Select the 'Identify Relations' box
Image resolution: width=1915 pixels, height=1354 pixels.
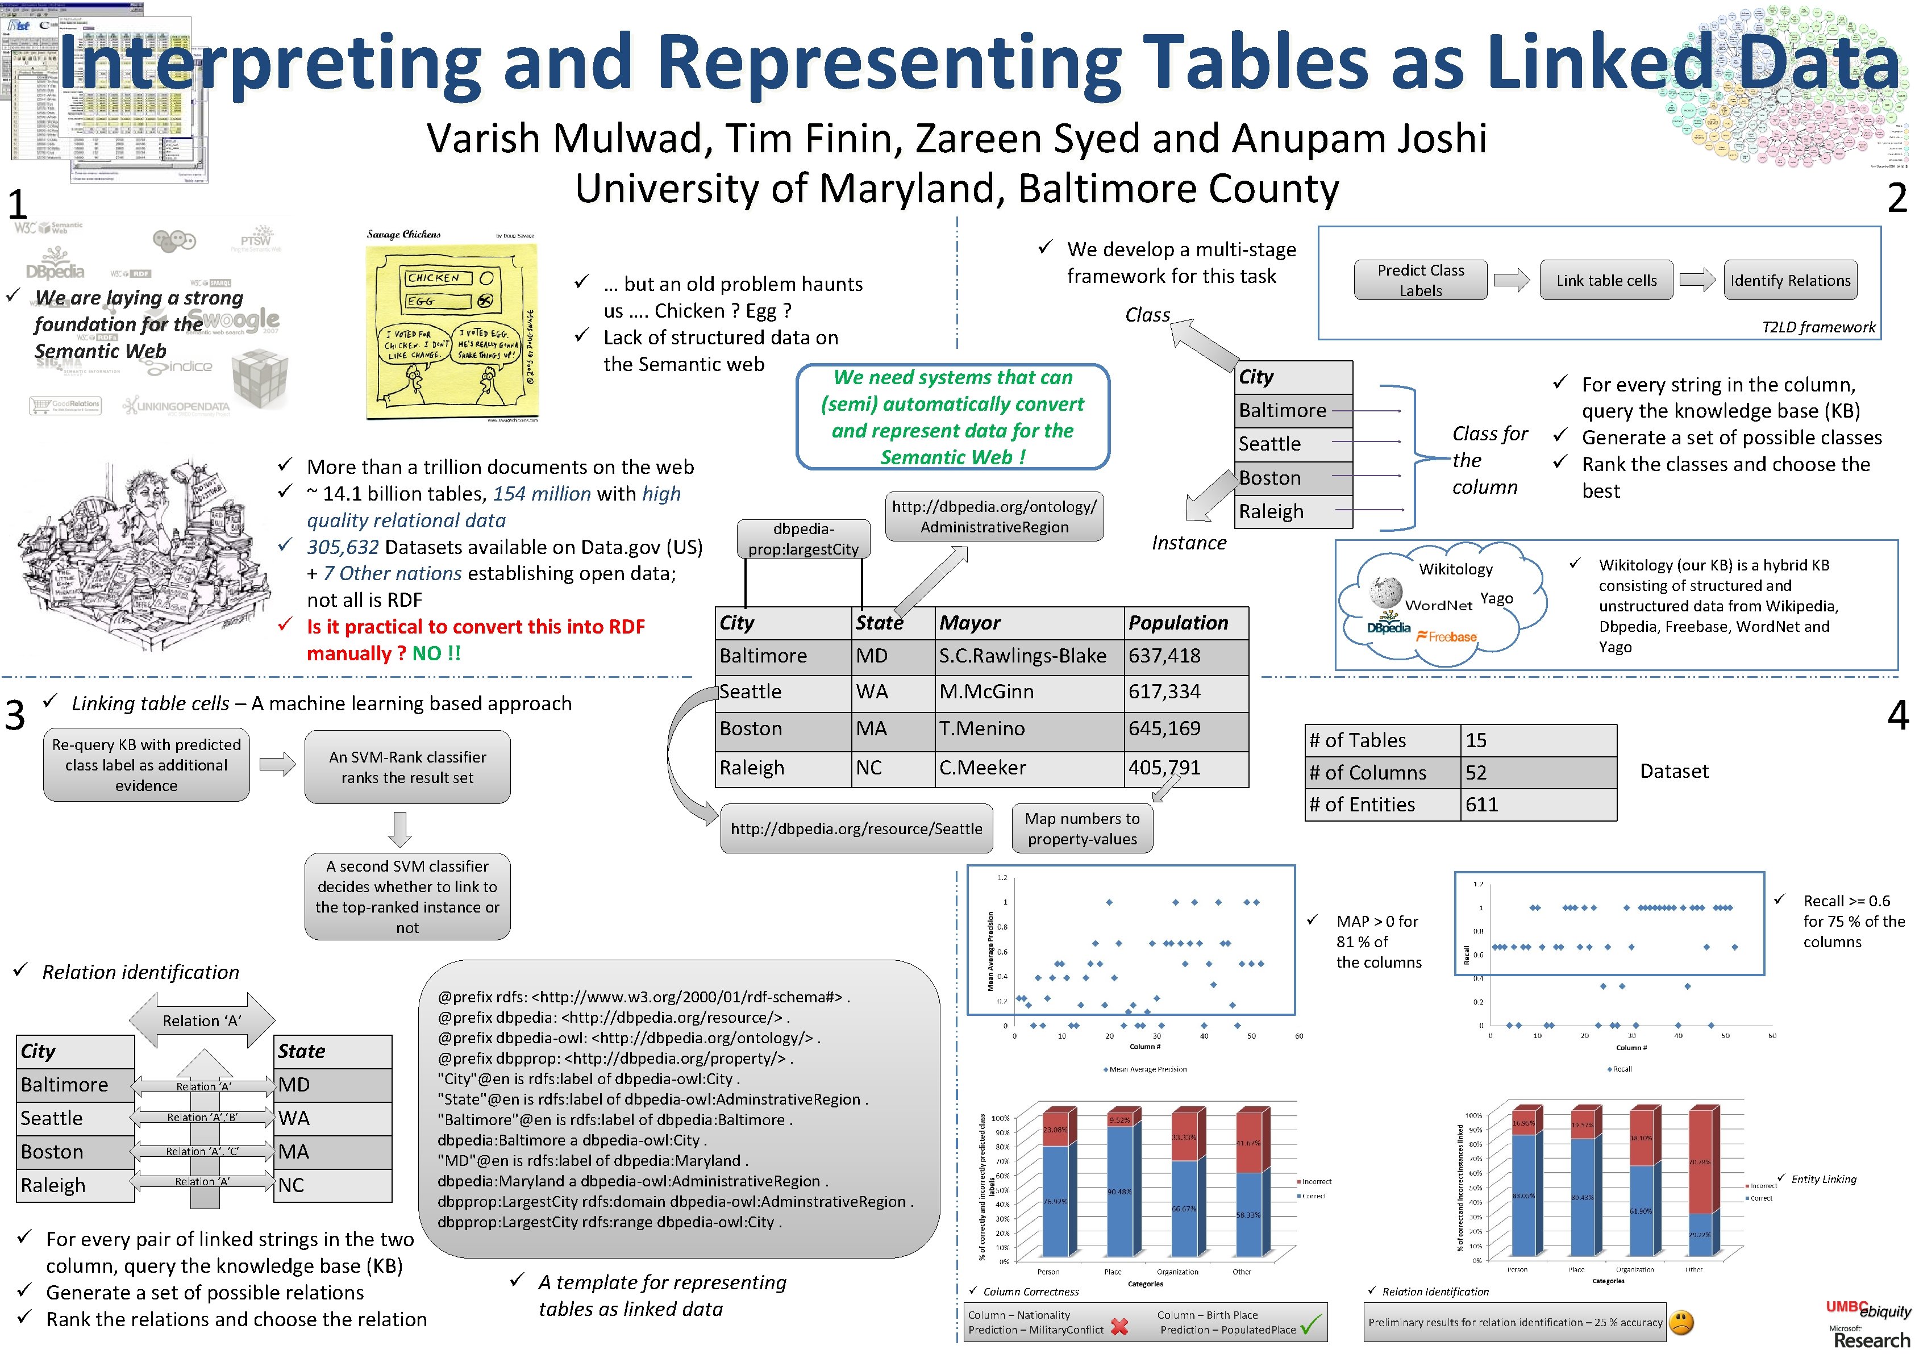coord(1790,280)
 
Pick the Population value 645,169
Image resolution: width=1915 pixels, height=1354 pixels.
coord(1164,728)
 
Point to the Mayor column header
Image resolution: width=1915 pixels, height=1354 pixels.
coord(970,623)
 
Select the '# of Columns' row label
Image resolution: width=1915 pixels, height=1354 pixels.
coord(1368,773)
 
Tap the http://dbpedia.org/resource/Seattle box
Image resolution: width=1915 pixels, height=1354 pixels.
coord(856,829)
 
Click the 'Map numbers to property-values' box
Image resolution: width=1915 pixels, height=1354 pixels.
coord(1082,829)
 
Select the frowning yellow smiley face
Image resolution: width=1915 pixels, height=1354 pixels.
coord(1682,1322)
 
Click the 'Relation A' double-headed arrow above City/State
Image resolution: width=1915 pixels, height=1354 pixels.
coord(202,1020)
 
